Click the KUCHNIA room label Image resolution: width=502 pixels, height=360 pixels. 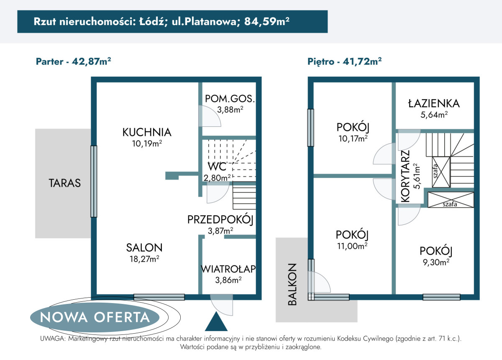pyautogui.click(x=147, y=132)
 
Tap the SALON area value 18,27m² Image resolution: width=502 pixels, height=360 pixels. pyautogui.click(x=144, y=259)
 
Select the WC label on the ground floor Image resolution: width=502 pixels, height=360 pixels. pyautogui.click(x=217, y=167)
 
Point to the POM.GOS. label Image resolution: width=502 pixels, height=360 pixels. pyautogui.click(x=230, y=99)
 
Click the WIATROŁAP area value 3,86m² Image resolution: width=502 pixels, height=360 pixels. pyautogui.click(x=228, y=280)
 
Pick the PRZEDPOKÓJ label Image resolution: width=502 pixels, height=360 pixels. pyautogui.click(x=220, y=220)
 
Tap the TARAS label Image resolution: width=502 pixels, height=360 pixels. pyautogui.click(x=64, y=183)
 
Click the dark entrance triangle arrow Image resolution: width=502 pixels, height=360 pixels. pyautogui.click(x=216, y=321)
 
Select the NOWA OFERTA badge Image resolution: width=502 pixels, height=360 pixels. pyautogui.click(x=95, y=317)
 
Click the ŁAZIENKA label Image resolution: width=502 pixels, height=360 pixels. pyautogui.click(x=434, y=103)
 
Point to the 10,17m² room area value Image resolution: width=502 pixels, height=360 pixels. pyautogui.click(x=353, y=139)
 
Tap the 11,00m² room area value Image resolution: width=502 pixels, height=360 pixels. pyautogui.click(x=352, y=246)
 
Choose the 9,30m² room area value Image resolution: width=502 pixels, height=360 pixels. pyautogui.click(x=436, y=262)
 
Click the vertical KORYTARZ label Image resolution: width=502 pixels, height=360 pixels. pyautogui.click(x=405, y=176)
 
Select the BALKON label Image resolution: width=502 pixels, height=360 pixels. pyautogui.click(x=292, y=284)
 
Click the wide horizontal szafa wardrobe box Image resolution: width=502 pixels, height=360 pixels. pyautogui.click(x=451, y=200)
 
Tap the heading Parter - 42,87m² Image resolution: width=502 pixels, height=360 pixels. pyautogui.click(x=74, y=62)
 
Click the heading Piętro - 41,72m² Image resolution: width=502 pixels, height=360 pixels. pyautogui.click(x=344, y=62)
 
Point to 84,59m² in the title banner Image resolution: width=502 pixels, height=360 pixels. pyautogui.click(x=267, y=21)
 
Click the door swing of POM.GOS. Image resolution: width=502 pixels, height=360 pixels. pyautogui.click(x=210, y=116)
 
